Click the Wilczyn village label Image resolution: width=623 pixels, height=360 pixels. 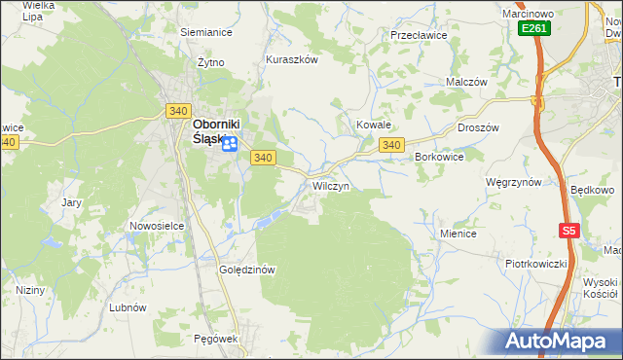(331, 185)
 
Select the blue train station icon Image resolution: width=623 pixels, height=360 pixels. (230, 145)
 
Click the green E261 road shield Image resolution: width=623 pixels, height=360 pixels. (534, 29)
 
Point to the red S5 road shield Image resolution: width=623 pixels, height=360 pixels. (569, 231)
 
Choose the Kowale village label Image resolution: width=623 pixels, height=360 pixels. (373, 126)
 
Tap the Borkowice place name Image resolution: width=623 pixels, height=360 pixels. (439, 156)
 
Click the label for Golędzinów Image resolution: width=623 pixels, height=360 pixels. (249, 270)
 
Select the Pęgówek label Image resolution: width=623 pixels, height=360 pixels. (216, 338)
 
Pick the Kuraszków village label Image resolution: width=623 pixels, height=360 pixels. (292, 59)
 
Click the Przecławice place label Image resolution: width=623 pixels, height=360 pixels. (418, 34)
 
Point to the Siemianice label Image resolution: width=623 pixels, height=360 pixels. (204, 31)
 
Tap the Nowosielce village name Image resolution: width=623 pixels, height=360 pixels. (157, 226)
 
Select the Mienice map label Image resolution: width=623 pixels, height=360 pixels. (458, 234)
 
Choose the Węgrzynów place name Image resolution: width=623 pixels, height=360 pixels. (513, 182)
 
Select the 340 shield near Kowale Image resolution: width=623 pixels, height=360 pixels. (391, 145)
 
